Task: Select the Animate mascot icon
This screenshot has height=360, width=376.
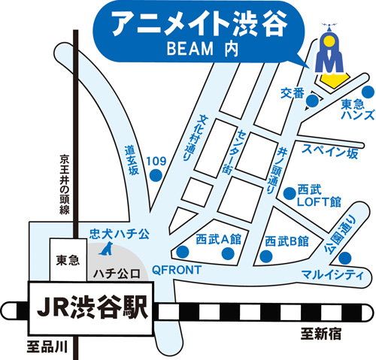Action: tap(329, 52)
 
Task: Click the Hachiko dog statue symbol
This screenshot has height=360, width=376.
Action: tap(107, 249)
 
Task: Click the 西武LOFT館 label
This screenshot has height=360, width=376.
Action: tap(319, 195)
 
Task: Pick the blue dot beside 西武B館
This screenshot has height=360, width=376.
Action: tap(265, 257)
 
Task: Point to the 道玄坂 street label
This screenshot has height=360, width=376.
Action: tap(132, 159)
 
